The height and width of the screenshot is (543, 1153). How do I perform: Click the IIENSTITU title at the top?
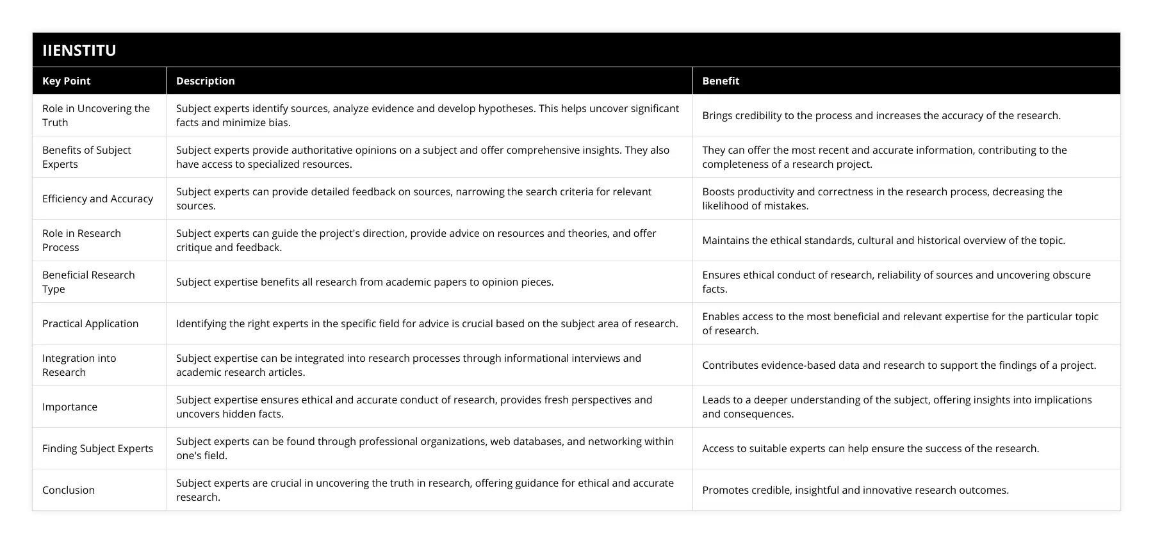point(79,50)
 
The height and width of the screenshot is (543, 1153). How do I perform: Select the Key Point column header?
point(67,81)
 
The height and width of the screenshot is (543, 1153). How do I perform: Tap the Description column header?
point(206,81)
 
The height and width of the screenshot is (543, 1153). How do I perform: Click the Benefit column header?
point(721,81)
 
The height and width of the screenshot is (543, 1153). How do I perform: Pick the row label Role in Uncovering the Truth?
point(96,115)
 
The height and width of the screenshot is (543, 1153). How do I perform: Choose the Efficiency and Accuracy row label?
point(97,199)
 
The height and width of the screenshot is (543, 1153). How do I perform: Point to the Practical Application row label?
point(90,323)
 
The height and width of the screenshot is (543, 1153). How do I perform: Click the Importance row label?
point(70,407)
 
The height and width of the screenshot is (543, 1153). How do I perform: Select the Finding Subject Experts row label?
point(97,448)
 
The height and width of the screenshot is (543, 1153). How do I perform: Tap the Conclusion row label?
point(69,490)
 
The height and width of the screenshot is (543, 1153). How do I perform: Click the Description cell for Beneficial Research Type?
point(364,282)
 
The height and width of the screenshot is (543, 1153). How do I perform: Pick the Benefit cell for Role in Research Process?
point(883,240)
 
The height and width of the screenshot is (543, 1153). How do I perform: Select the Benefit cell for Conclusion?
point(855,490)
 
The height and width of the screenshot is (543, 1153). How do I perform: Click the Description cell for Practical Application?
point(427,323)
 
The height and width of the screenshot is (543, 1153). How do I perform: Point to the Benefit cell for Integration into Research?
point(899,365)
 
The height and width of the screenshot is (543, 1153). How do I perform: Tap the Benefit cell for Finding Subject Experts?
point(871,448)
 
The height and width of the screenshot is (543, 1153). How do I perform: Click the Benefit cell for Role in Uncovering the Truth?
point(881,115)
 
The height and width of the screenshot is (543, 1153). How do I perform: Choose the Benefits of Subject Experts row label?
point(86,157)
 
